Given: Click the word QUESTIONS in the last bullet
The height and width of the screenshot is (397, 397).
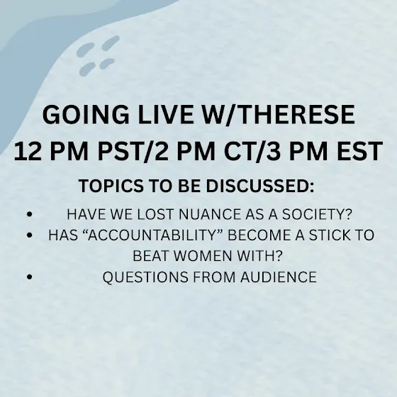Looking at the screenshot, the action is click(145, 276).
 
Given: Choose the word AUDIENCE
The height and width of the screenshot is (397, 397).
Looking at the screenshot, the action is click(279, 276).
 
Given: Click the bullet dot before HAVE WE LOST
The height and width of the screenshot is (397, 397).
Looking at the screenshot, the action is click(29, 214).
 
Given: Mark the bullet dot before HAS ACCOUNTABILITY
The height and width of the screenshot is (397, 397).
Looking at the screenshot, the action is click(29, 235).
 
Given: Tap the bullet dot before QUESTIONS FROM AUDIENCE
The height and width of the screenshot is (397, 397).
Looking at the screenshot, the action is click(29, 276).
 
